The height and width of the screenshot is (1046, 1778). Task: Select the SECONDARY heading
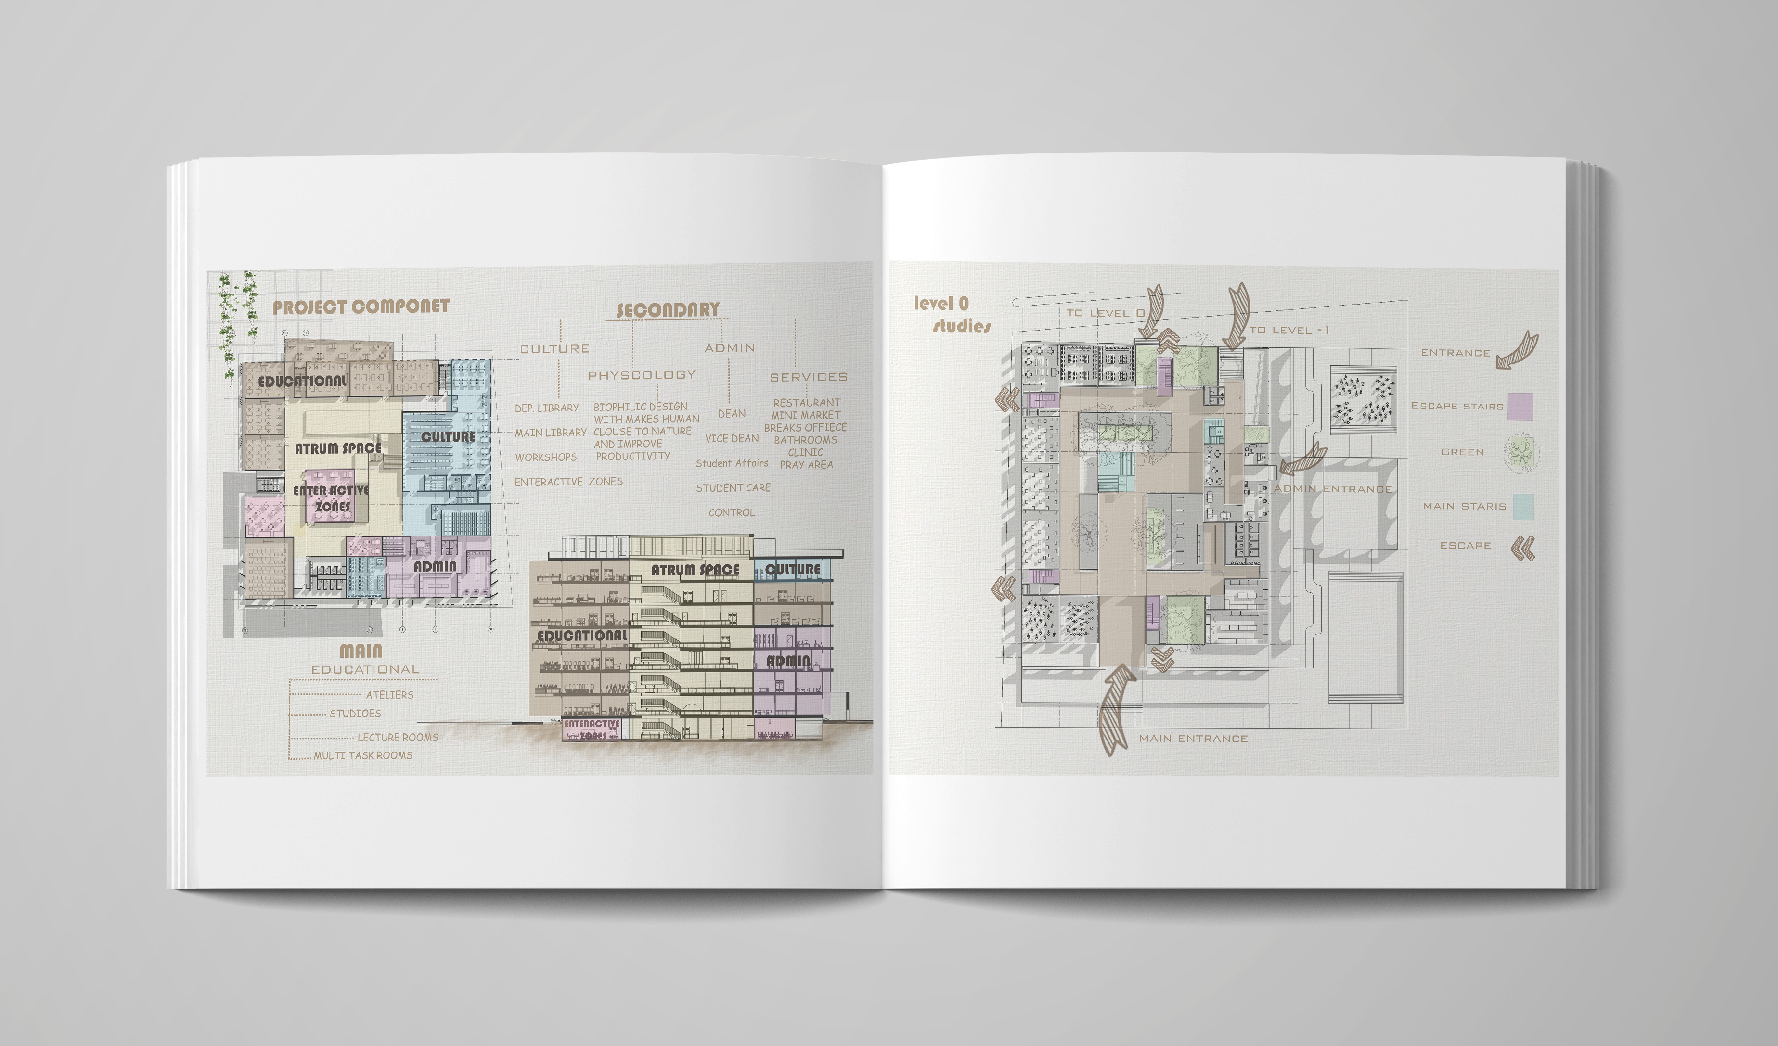coord(668,310)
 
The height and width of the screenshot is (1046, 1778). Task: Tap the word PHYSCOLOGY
coord(641,375)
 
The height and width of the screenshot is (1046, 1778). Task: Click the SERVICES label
coord(809,377)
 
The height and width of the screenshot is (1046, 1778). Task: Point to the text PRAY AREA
coord(806,465)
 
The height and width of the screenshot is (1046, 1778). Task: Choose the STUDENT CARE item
coord(733,488)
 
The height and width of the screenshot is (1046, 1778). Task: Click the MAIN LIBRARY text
coord(550,433)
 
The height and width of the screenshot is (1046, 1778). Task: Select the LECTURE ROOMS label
coord(397,738)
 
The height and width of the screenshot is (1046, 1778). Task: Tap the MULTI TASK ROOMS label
coord(362,755)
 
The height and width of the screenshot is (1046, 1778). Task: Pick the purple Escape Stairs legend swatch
coord(1520,407)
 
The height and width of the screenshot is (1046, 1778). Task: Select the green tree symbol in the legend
coord(1520,453)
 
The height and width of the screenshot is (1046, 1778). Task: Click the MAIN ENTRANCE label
coord(1193,739)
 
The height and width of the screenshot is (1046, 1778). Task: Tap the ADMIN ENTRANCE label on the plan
coord(1332,489)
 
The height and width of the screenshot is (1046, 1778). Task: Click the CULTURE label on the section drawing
coord(793,569)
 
